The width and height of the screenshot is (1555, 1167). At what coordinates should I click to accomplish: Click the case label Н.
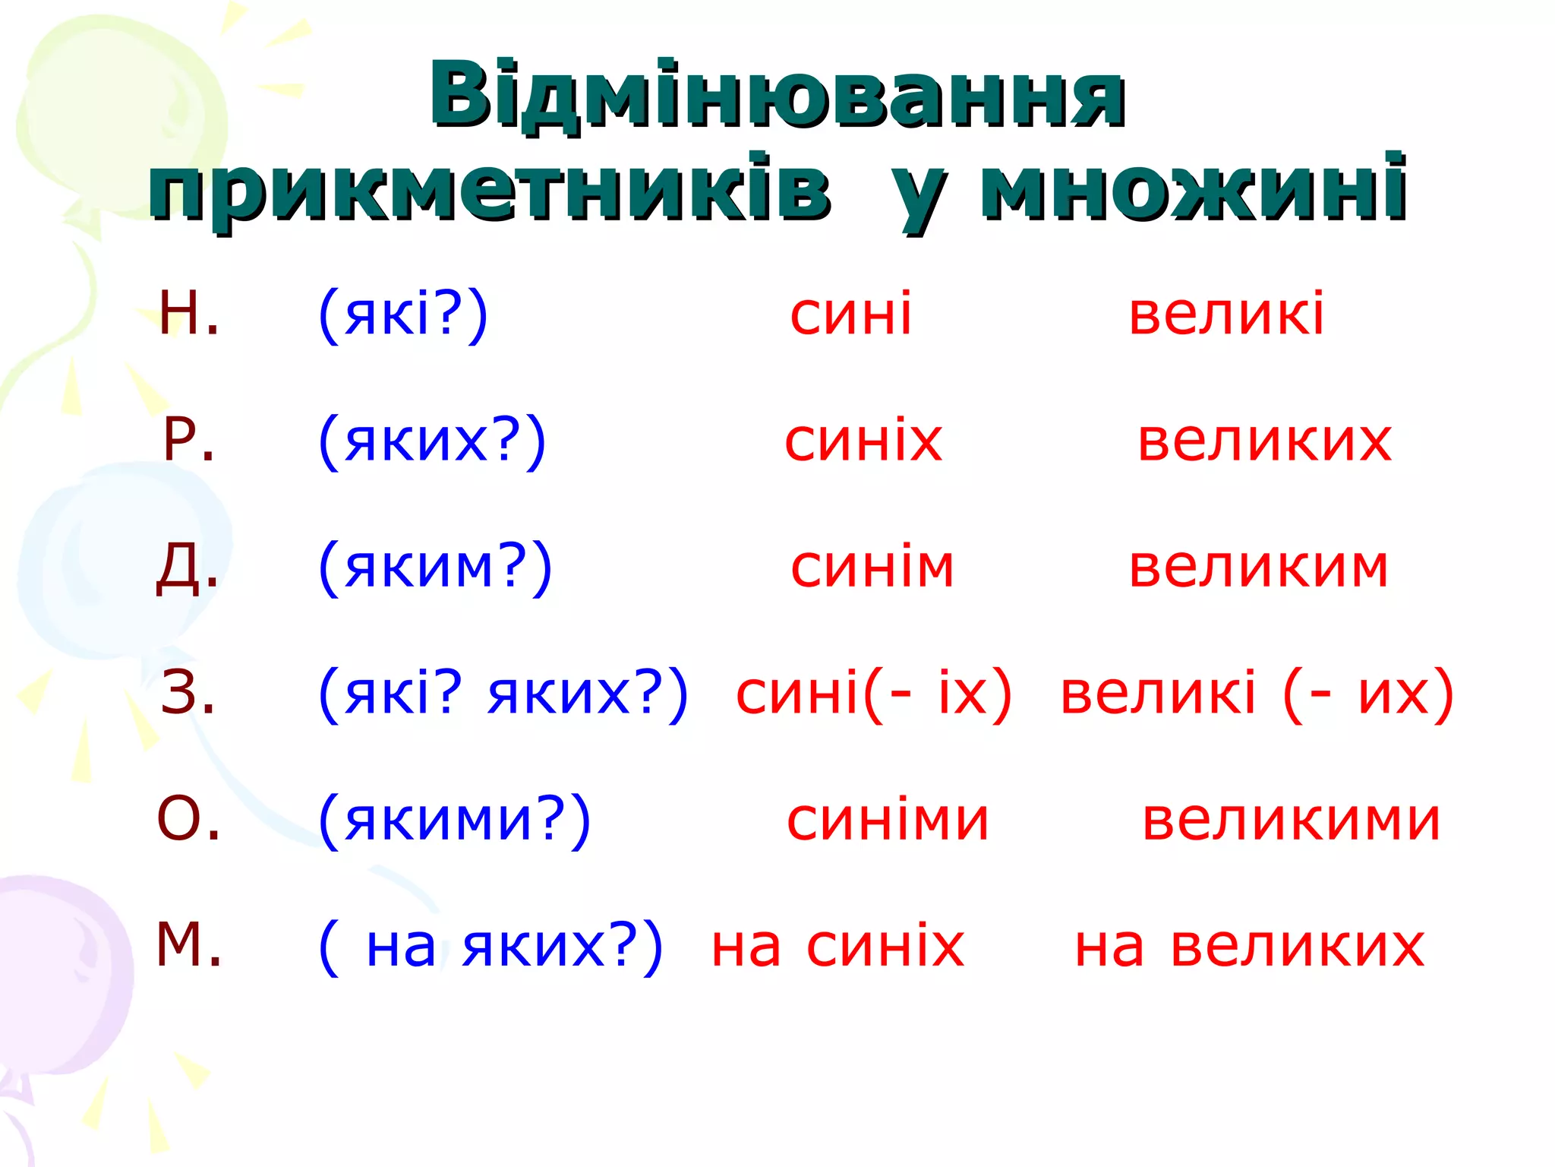(189, 314)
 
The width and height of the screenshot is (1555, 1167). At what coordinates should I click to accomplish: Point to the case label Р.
(189, 441)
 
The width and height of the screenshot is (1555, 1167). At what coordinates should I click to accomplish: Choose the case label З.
(188, 693)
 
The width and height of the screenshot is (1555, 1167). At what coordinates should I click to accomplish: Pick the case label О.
(189, 820)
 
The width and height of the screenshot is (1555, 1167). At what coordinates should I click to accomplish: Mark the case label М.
(189, 945)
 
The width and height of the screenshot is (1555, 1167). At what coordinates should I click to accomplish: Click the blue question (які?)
(403, 315)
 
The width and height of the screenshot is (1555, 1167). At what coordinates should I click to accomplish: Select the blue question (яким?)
(435, 568)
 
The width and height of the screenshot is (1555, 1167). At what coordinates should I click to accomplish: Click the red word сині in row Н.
(850, 315)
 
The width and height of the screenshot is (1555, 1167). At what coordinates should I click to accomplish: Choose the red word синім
(872, 568)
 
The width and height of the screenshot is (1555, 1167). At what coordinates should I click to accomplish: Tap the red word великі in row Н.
(1226, 315)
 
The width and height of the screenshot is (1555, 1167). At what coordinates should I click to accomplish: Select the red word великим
(1258, 568)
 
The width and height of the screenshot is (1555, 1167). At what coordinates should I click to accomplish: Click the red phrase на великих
(1249, 947)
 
